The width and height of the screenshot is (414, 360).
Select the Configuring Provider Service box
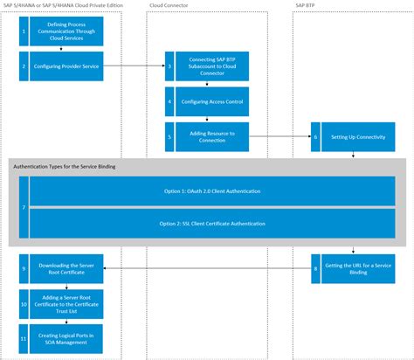66,66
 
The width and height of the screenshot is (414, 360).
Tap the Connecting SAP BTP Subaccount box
212,66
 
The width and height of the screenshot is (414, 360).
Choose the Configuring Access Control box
212,101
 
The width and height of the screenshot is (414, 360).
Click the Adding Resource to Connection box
212,135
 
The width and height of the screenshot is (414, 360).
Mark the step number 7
23,208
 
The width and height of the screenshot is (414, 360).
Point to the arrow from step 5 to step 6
279,136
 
